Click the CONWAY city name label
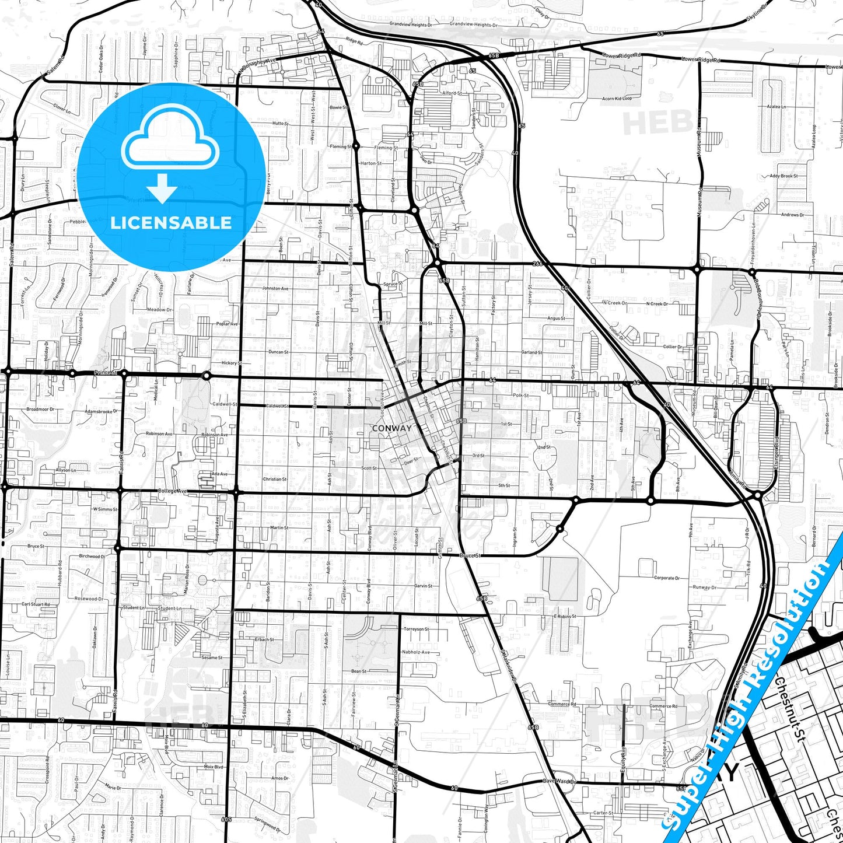click(391, 428)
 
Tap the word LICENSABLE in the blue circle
click(171, 223)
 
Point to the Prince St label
click(106, 372)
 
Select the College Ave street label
click(172, 491)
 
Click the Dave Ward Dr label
click(559, 781)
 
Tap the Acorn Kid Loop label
click(617, 99)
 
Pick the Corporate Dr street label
click(666, 578)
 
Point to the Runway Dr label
click(705, 587)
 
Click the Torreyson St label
click(416, 629)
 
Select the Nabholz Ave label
click(415, 652)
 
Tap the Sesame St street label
click(212, 657)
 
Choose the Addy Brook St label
click(783, 176)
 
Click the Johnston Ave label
click(275, 288)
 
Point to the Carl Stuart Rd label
click(36, 604)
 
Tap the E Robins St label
click(564, 617)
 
